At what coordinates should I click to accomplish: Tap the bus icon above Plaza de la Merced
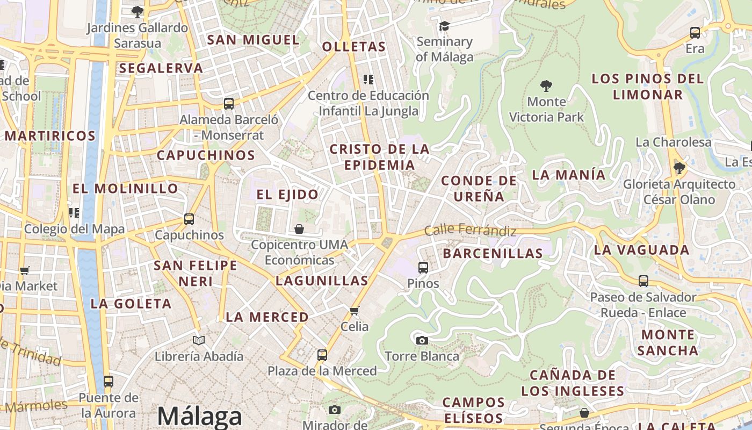pyautogui.click(x=322, y=355)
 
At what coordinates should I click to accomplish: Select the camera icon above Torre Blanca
pyautogui.click(x=422, y=340)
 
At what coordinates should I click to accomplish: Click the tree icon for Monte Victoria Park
pyautogui.click(x=546, y=85)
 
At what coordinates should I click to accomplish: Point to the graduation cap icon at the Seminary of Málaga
pyautogui.click(x=444, y=26)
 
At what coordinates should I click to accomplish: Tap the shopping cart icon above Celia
pyautogui.click(x=355, y=311)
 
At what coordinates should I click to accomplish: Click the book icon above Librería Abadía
pyautogui.click(x=199, y=340)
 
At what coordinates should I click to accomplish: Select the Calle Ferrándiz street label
pyautogui.click(x=470, y=231)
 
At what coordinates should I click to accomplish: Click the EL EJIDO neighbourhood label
pyautogui.click(x=287, y=195)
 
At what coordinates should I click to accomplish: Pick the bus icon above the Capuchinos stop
pyautogui.click(x=189, y=219)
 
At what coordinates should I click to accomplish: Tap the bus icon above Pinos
pyautogui.click(x=423, y=267)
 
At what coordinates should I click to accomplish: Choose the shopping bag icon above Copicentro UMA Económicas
pyautogui.click(x=299, y=229)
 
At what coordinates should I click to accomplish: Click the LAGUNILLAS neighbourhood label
pyautogui.click(x=322, y=281)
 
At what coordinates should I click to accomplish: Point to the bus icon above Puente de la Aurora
pyautogui.click(x=109, y=382)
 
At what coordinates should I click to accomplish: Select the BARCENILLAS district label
pyautogui.click(x=493, y=254)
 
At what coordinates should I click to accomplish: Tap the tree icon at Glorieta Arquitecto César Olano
pyautogui.click(x=679, y=168)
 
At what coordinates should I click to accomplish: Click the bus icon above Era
pyautogui.click(x=695, y=33)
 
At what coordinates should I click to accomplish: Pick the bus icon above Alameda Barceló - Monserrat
pyautogui.click(x=229, y=104)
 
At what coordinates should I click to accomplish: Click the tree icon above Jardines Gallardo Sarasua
pyautogui.click(x=138, y=11)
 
